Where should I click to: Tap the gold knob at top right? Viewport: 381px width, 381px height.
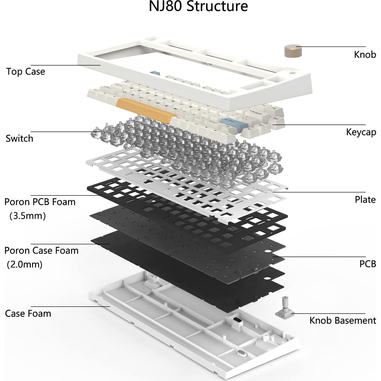tap(293, 51)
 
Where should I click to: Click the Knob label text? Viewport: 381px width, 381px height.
tap(365, 54)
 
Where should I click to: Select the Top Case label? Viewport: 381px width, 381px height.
tap(26, 72)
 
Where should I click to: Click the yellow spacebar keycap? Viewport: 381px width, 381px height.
tap(145, 110)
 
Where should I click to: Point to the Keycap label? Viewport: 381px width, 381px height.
tap(361, 132)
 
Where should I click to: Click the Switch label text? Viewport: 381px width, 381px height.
tap(19, 138)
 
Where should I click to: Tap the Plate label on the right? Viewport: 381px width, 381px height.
tap(365, 199)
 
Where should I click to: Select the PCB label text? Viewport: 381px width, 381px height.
tap(367, 264)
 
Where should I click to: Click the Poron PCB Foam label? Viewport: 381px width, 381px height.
tap(40, 202)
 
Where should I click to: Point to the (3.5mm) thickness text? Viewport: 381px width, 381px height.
tap(28, 216)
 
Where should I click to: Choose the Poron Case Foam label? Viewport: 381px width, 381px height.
tap(41, 250)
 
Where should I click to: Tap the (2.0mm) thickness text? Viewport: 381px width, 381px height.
tap(25, 264)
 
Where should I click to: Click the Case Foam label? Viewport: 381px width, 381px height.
tap(28, 313)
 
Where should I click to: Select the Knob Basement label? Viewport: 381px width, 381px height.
tap(342, 320)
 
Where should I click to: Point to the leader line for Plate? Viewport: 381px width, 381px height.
tap(318, 192)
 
